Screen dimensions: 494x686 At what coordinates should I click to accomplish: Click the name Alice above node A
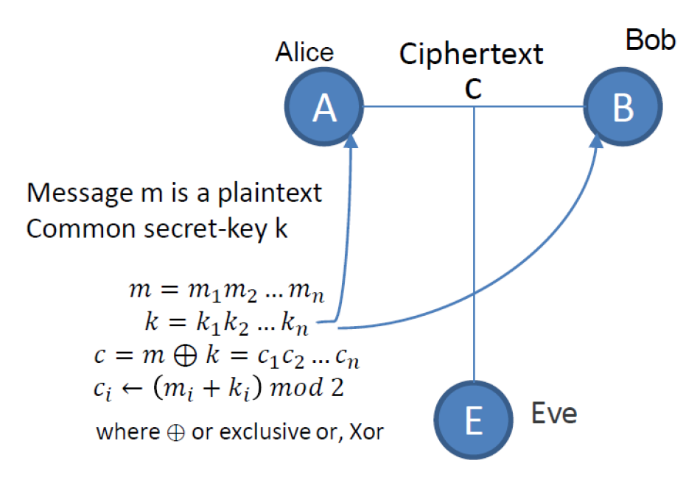tap(304, 52)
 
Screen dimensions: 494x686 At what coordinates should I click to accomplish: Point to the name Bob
tap(651, 40)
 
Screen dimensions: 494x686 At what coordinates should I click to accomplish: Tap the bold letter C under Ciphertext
tap(473, 89)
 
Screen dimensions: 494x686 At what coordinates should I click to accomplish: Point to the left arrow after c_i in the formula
tap(127, 389)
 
